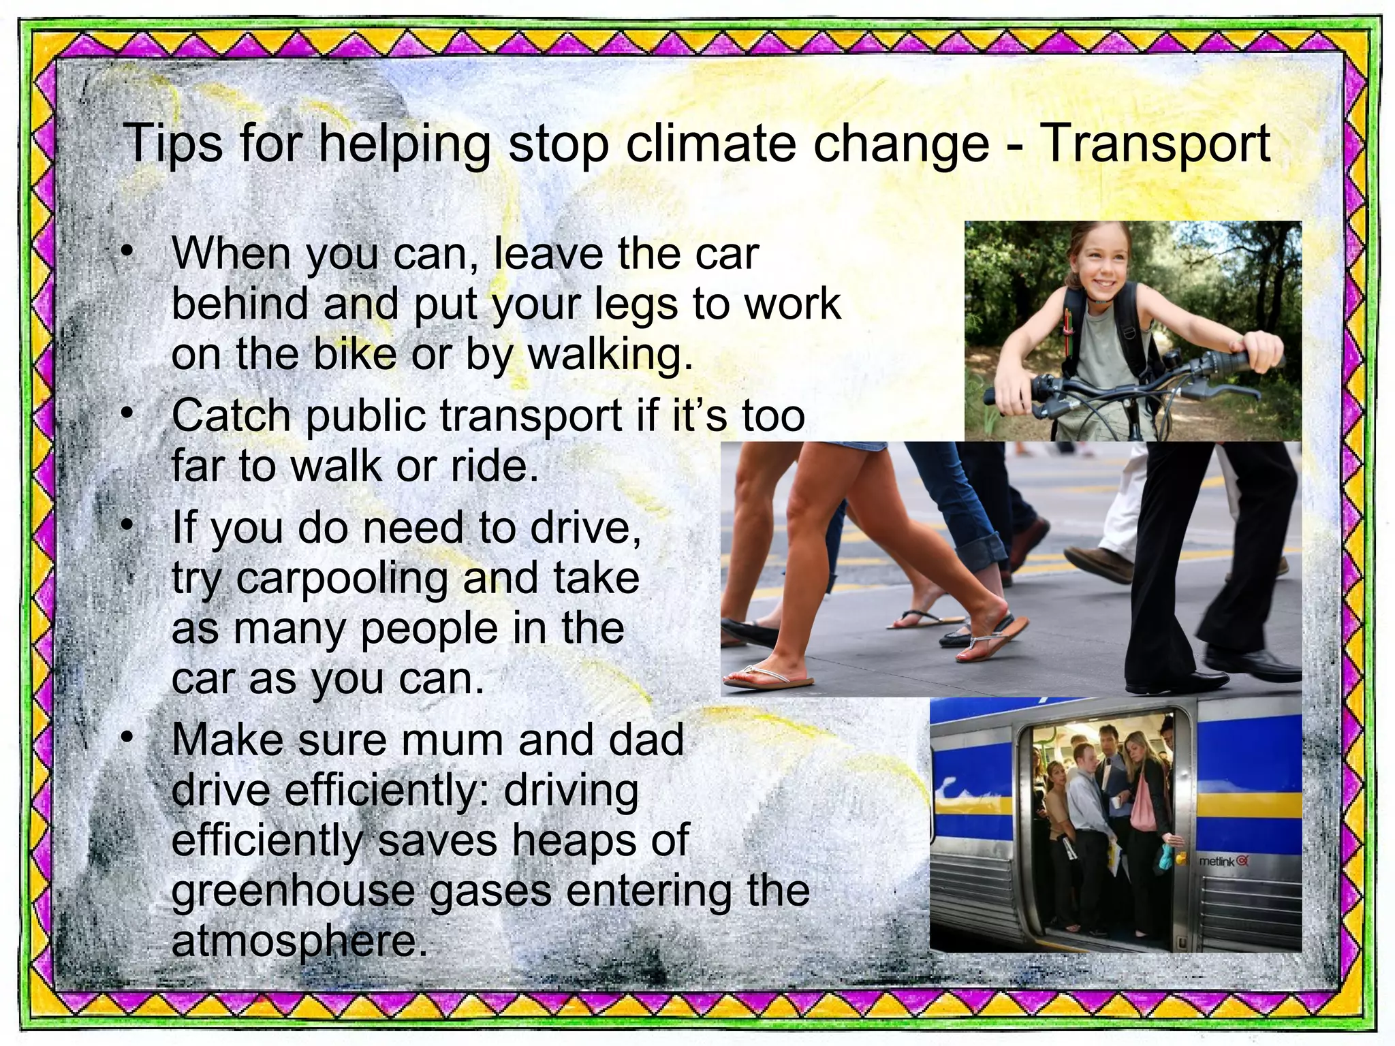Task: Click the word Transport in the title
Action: click(1155, 144)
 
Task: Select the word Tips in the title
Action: click(172, 144)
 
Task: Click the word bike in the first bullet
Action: click(354, 354)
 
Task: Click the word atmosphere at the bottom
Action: click(300, 941)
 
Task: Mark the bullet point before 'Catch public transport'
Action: click(127, 414)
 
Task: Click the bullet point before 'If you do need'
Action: click(127, 526)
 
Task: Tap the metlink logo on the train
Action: click(1223, 861)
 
